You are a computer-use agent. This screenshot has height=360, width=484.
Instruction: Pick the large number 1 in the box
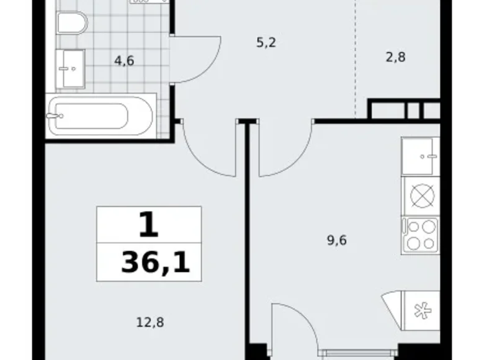[148, 225]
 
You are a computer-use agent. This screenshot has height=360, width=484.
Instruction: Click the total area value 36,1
[155, 263]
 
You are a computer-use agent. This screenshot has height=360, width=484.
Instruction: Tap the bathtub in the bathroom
[99, 115]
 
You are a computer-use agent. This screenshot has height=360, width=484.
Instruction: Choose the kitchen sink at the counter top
[420, 155]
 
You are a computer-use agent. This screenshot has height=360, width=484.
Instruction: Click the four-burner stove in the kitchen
[420, 234]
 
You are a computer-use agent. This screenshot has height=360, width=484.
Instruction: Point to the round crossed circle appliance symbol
[420, 196]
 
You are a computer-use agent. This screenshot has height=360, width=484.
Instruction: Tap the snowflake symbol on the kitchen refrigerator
[420, 313]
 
